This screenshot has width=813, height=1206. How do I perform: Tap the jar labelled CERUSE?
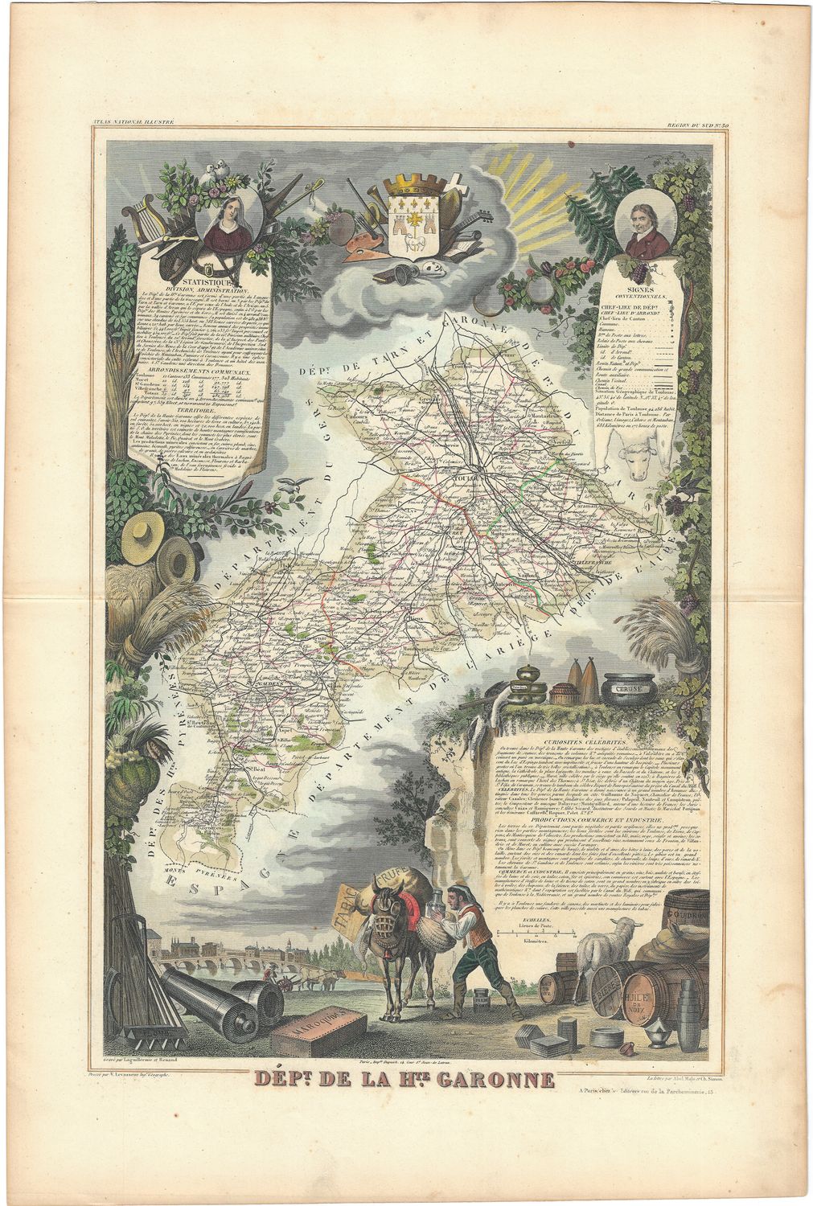pos(628,688)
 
